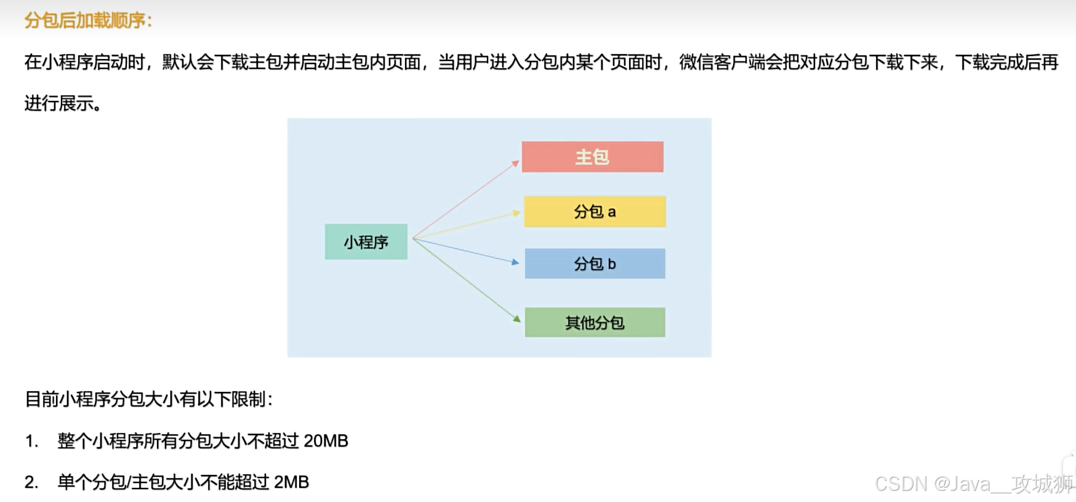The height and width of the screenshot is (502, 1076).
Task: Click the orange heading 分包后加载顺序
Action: pyautogui.click(x=87, y=20)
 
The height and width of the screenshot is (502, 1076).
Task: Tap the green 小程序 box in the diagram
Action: pyautogui.click(x=366, y=242)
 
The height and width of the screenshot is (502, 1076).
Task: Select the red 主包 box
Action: pyautogui.click(x=592, y=157)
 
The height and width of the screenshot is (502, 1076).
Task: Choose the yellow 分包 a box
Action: pyautogui.click(x=595, y=212)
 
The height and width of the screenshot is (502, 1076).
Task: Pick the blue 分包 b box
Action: pyautogui.click(x=595, y=264)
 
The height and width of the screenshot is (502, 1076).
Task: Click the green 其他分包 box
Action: pyautogui.click(x=595, y=322)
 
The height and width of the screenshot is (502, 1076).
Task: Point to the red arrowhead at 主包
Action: pyautogui.click(x=516, y=164)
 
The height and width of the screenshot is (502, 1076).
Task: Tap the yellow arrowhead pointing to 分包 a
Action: pyautogui.click(x=517, y=213)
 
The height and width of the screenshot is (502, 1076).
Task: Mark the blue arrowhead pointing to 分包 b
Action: pyautogui.click(x=516, y=262)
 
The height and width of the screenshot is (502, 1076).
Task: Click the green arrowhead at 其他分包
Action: pyautogui.click(x=517, y=319)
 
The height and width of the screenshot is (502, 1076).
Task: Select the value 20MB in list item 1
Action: pyautogui.click(x=326, y=441)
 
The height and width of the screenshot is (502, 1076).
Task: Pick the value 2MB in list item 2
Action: pyautogui.click(x=291, y=482)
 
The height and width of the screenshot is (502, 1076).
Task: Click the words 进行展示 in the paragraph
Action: pyautogui.click(x=59, y=103)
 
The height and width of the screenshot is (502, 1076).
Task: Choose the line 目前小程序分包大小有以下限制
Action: pyautogui.click(x=148, y=399)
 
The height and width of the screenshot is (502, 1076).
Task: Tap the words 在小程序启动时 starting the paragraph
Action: pyautogui.click(x=84, y=62)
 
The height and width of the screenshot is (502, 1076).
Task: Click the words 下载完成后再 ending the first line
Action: pyautogui.click(x=1006, y=62)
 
